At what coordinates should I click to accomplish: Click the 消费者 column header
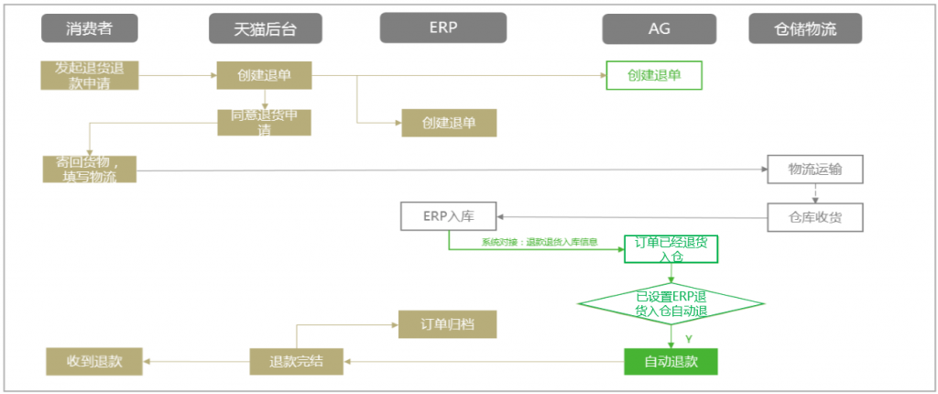point(89,28)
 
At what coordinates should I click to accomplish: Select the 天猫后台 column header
point(266,29)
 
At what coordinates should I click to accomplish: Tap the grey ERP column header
point(443,27)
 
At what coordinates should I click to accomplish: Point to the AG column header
point(658,28)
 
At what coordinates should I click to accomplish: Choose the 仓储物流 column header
point(805,29)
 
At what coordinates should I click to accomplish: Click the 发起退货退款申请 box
point(90,75)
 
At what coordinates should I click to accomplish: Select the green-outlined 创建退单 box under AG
point(654,75)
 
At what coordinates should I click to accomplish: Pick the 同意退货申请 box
point(264,123)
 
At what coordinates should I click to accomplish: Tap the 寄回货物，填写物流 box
point(90,170)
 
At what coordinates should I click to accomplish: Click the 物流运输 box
point(814,170)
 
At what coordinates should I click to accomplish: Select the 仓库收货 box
point(814,217)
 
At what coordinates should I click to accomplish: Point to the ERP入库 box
point(448,217)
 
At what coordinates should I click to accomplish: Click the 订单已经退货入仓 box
point(671,248)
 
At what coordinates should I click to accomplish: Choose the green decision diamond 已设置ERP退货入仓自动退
point(671,303)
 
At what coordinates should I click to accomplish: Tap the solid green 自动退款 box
point(671,361)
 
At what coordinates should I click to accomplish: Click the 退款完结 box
point(297,361)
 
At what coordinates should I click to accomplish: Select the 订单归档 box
point(447,324)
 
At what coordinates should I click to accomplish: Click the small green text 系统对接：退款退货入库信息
point(540,243)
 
